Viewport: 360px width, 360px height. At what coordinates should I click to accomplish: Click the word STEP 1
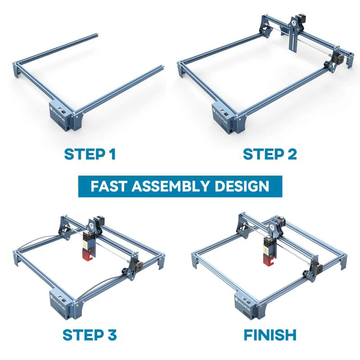pyautogui.click(x=90, y=154)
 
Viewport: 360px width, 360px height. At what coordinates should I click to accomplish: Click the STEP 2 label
pyautogui.click(x=270, y=154)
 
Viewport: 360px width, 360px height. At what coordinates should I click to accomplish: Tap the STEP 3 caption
pyautogui.click(x=90, y=335)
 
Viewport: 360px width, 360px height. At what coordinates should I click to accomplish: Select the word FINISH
pyautogui.click(x=270, y=335)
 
